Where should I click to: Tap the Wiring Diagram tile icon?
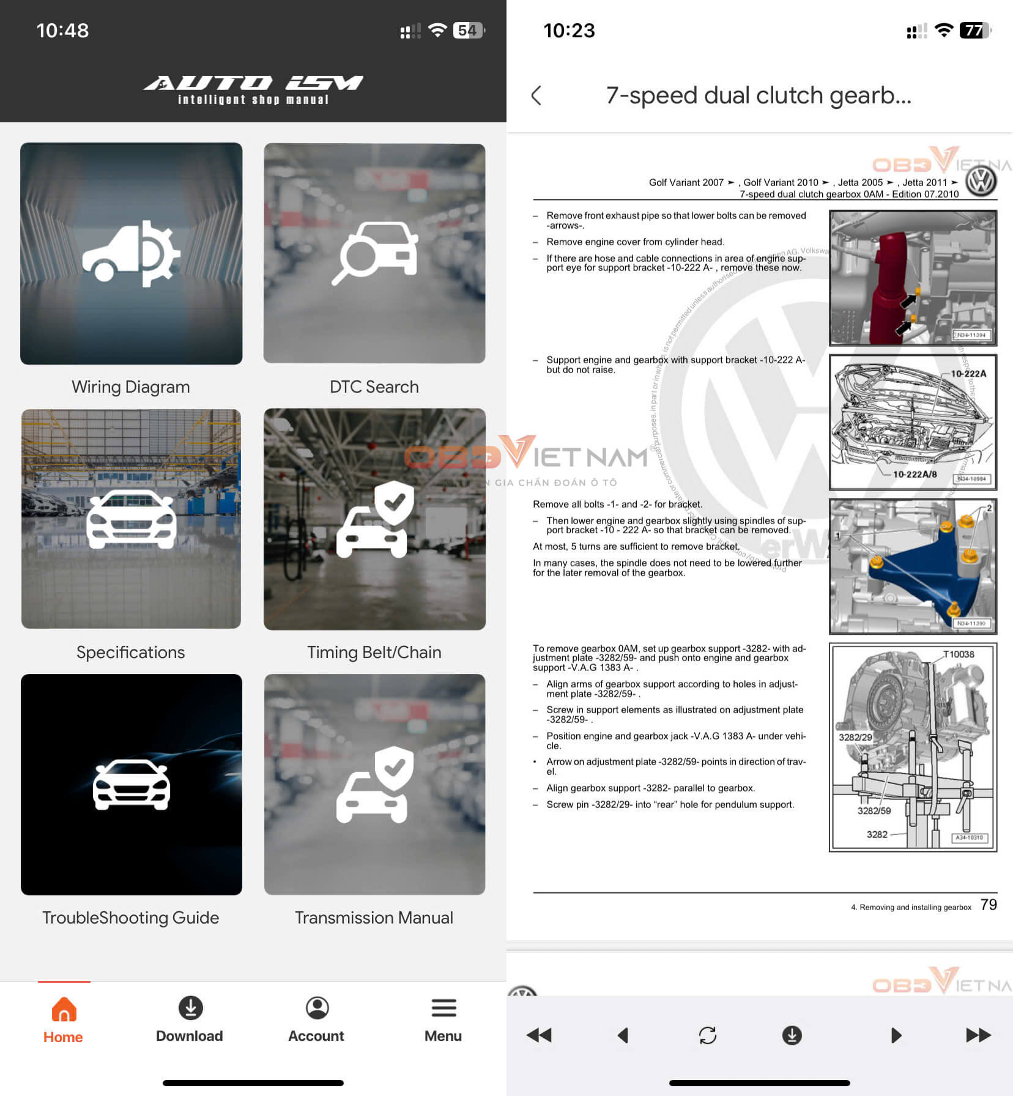point(131,253)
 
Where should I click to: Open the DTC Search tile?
point(374,253)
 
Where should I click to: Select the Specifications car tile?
point(131,519)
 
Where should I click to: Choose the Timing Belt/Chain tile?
point(374,519)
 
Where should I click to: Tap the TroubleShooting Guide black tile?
point(131,784)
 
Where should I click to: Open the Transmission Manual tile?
point(374,784)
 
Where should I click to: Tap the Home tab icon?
point(64,1009)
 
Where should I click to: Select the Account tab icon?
point(317,1008)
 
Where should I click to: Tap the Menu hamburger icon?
point(443,1008)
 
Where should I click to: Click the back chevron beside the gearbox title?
point(536,95)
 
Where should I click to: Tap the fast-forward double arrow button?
point(978,1035)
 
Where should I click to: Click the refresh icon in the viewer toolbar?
point(707,1035)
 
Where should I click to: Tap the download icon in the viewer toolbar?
point(792,1035)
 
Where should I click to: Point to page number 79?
point(989,905)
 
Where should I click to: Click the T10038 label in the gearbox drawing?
point(958,654)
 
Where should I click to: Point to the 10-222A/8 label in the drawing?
point(915,474)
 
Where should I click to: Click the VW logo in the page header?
point(981,182)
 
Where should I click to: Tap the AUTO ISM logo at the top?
point(253,89)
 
